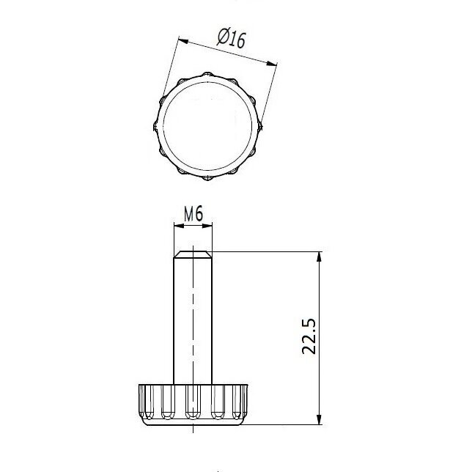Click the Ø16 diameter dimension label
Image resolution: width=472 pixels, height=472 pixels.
pyautogui.click(x=232, y=37)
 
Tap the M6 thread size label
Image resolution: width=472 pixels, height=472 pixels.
pyautogui.click(x=193, y=214)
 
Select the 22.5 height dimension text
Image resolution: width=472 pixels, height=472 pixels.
pyautogui.click(x=309, y=336)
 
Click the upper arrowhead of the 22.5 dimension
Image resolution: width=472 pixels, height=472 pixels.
pyautogui.click(x=320, y=257)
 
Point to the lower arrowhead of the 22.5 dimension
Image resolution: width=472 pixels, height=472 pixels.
pyautogui.click(x=320, y=419)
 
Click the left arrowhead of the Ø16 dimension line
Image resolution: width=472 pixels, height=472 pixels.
pyautogui.click(x=183, y=40)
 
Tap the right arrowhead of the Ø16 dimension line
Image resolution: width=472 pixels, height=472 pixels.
pyautogui.click(x=272, y=63)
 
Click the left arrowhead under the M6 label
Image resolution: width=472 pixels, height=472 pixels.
pyautogui.click(x=179, y=226)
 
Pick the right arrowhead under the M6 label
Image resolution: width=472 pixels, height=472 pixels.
pyautogui.click(x=207, y=226)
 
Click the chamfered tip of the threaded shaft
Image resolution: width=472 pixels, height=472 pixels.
pyautogui.click(x=193, y=254)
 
